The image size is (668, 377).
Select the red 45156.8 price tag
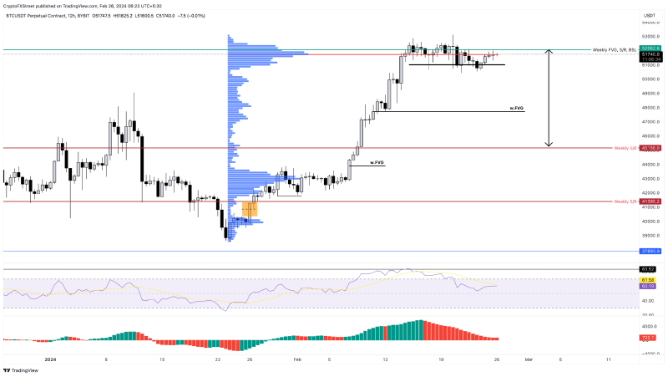(x=650, y=148)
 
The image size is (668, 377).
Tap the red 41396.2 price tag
(x=650, y=201)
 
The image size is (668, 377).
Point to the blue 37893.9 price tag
(x=650, y=251)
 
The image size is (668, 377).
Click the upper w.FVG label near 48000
(x=517, y=109)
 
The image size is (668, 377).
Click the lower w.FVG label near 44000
(x=377, y=162)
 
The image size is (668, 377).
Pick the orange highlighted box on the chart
(x=250, y=209)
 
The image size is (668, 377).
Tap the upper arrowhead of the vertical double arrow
(x=549, y=52)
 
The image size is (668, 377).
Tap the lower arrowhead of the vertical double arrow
(x=549, y=145)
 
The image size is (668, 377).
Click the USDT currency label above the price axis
(x=649, y=17)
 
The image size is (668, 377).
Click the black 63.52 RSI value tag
(x=648, y=269)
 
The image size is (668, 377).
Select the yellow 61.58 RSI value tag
(x=648, y=279)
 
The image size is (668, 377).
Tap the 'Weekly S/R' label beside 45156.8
(x=625, y=148)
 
